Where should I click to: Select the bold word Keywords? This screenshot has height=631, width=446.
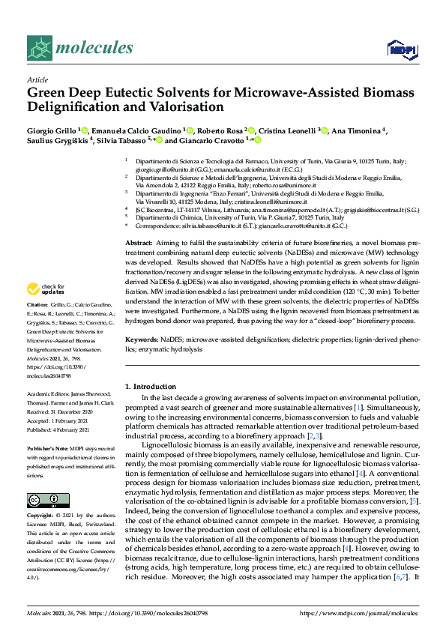click(142, 339)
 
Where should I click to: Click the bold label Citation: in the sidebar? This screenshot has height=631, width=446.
click(37, 326)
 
